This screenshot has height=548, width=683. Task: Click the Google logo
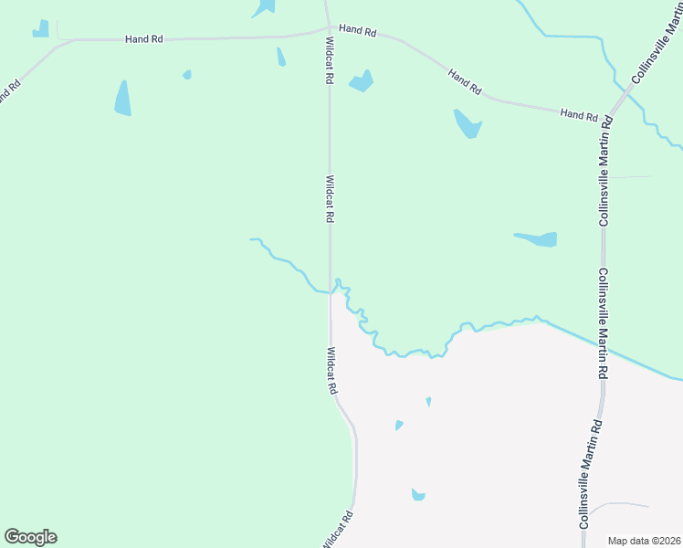coord(30,537)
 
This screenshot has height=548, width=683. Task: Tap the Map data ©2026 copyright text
coord(643,541)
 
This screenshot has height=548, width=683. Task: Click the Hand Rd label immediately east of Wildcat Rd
coord(357,30)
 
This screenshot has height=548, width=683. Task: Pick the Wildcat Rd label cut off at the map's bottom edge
coord(337,531)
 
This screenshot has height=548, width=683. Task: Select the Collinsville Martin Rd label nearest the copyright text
coord(589,474)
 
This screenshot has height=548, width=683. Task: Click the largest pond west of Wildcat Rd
coord(122,98)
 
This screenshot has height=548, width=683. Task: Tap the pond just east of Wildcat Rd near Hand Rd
coord(362,80)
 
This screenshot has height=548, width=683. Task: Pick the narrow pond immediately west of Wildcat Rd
coord(280,57)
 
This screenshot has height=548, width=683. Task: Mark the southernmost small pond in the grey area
coord(418,495)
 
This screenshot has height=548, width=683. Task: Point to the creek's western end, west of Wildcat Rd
coord(252,239)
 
